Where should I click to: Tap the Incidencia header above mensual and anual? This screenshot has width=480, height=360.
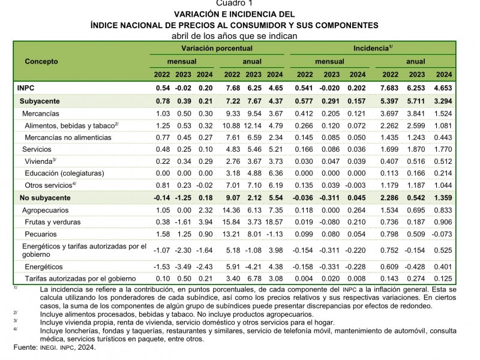pyautogui.click(x=372, y=47)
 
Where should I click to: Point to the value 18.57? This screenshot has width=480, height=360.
pyautogui.click(x=274, y=221)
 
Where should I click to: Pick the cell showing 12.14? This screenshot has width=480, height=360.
pyautogui.click(x=254, y=125)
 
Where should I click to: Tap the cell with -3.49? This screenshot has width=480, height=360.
pyautogui.click(x=183, y=266)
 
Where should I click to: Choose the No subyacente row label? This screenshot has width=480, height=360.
pyautogui.click(x=45, y=197)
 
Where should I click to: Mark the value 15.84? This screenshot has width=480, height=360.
pyautogui.click(x=232, y=221)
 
